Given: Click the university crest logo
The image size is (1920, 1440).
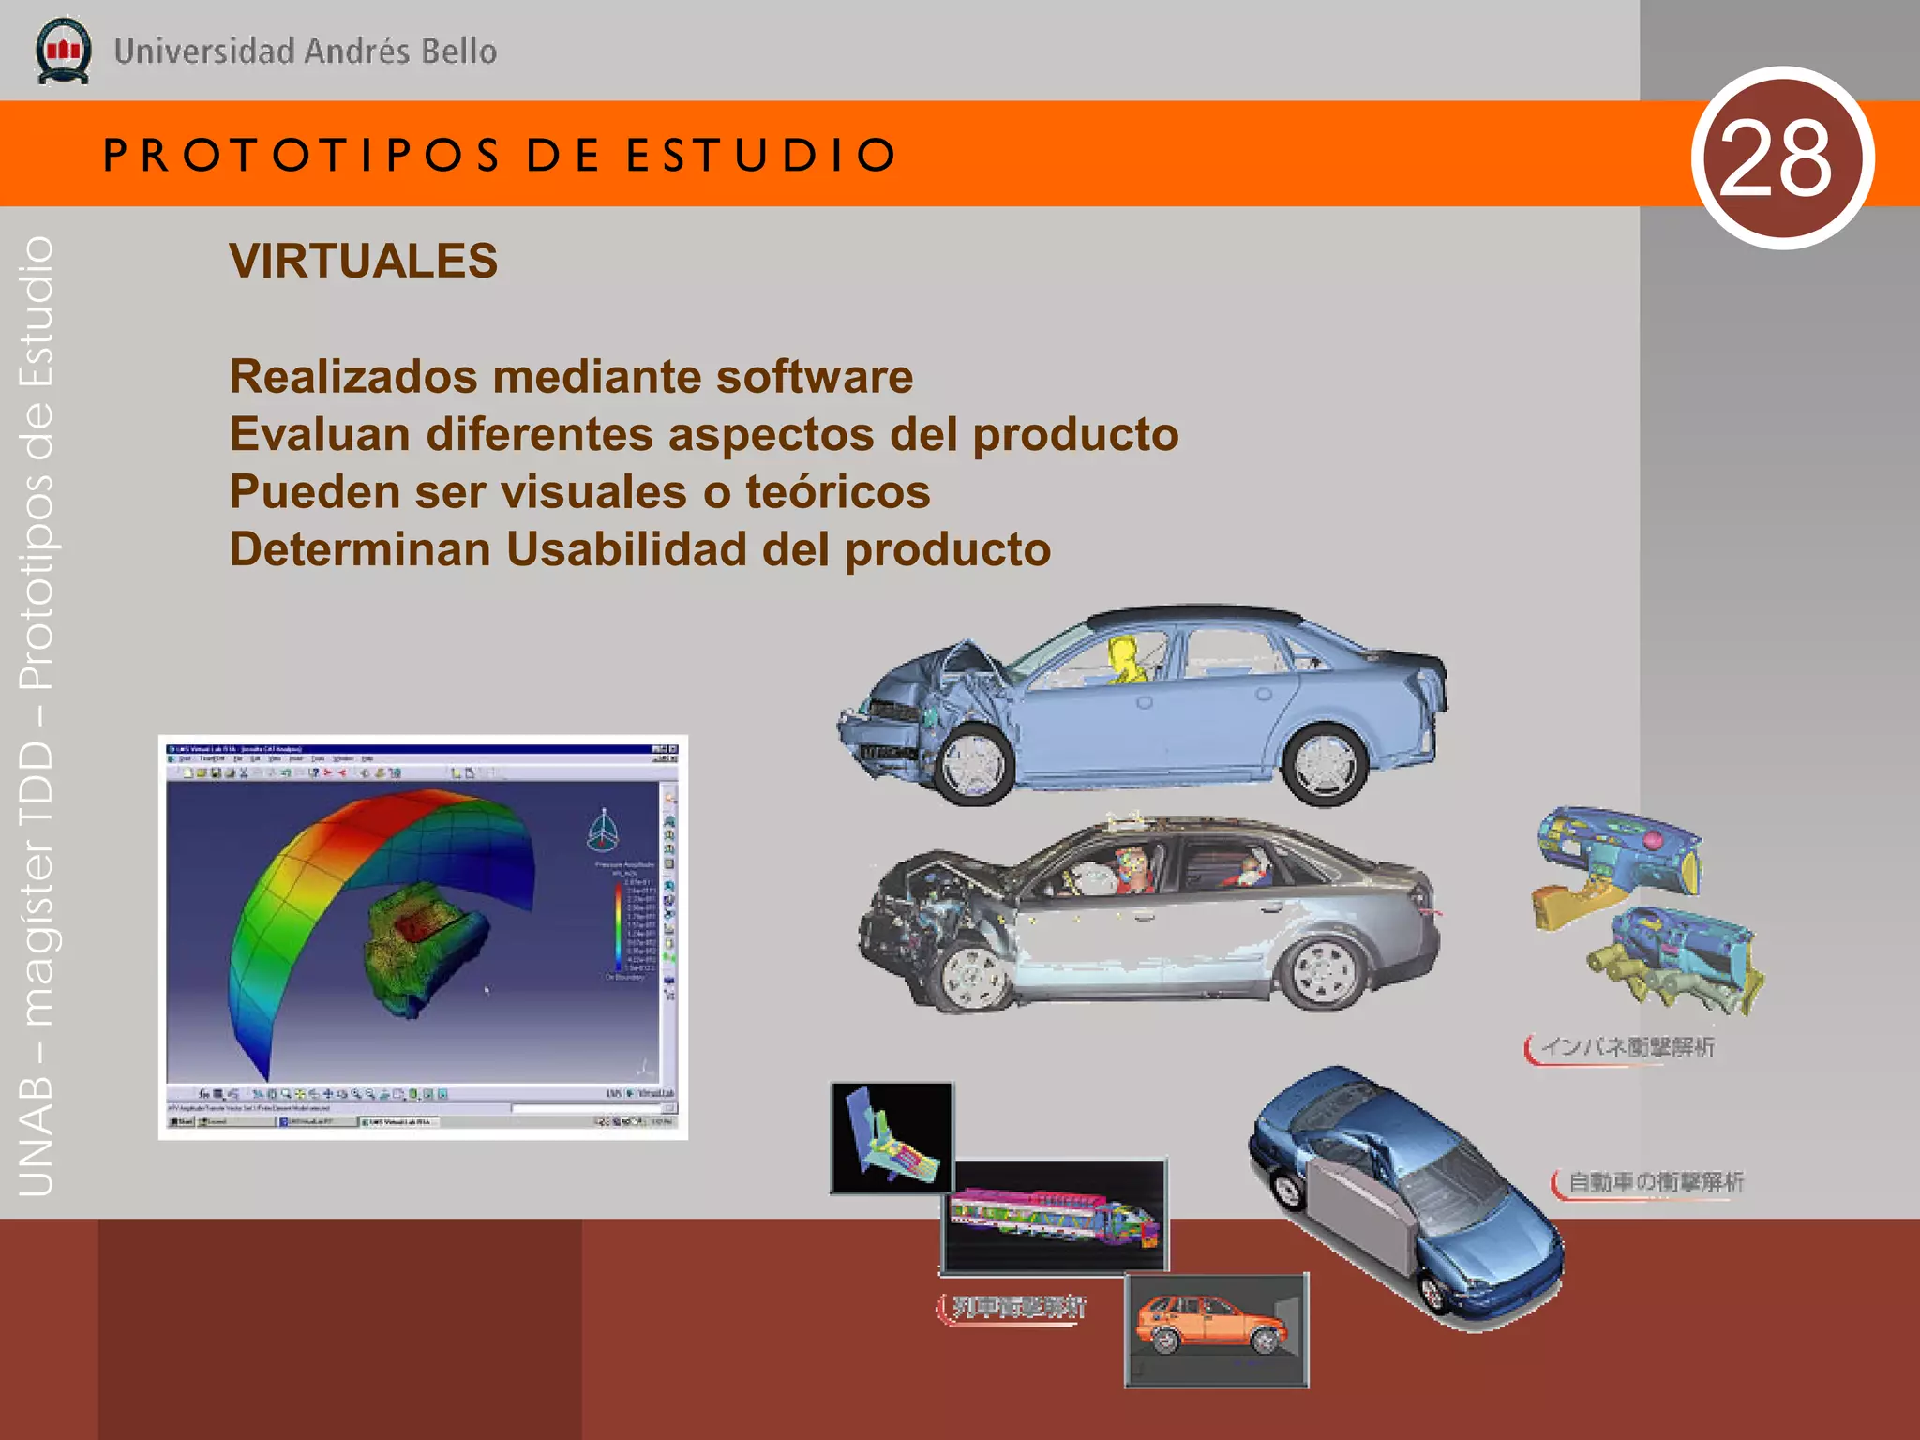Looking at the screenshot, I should pos(63,51).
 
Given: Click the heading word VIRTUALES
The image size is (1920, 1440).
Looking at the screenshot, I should pos(364,261).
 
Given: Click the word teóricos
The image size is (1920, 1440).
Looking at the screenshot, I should pos(837,492).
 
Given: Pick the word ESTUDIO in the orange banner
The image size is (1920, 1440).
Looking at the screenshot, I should pos(762,155).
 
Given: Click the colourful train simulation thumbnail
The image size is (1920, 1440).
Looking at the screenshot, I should pos(1054,1215).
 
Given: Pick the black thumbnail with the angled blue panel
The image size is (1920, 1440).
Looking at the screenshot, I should pos(892,1137).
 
